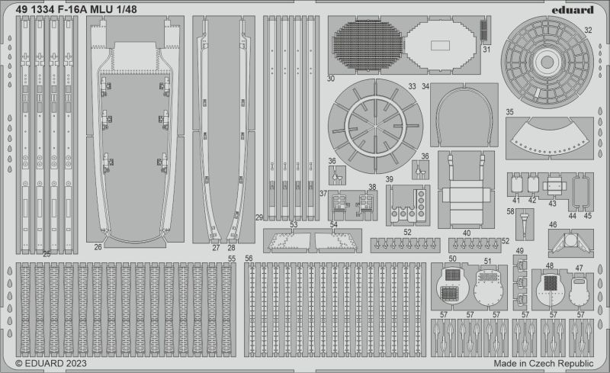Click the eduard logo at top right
pos(573,9)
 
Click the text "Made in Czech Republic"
pos(544,363)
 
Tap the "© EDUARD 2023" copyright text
pos(51,363)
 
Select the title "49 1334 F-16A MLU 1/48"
pos(77,9)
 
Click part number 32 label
pos(588,30)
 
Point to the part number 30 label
pos(331,79)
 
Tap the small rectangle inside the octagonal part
pos(440,46)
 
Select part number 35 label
pos(509,112)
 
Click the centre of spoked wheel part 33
pos(375,127)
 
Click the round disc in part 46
pos(570,239)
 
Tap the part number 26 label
pos(98,247)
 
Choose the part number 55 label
pos(232,259)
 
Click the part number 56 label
pos(249,259)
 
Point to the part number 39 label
pos(390,179)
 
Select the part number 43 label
pos(552,204)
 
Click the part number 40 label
pos(467,233)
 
